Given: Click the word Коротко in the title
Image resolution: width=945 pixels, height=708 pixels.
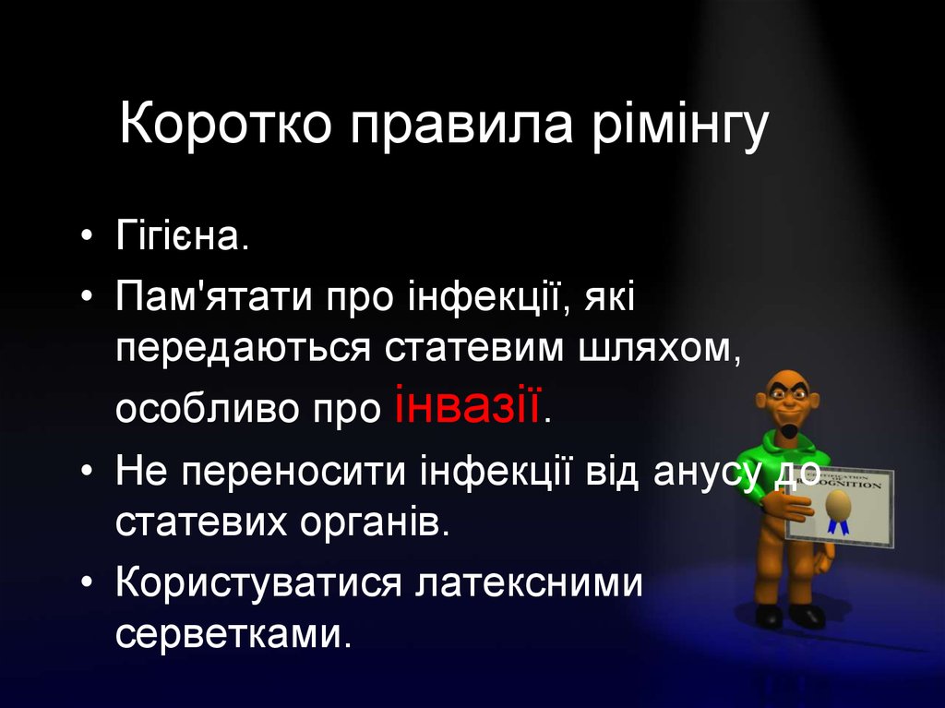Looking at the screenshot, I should [225, 127].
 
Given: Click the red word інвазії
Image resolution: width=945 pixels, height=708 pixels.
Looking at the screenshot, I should [468, 404].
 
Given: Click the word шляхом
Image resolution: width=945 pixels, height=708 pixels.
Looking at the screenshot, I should [647, 350].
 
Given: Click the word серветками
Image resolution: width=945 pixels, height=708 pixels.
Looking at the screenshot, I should [234, 636].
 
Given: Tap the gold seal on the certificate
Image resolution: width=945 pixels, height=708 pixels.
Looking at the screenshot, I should [837, 503].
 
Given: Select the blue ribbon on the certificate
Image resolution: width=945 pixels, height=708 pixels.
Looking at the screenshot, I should [838, 526].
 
